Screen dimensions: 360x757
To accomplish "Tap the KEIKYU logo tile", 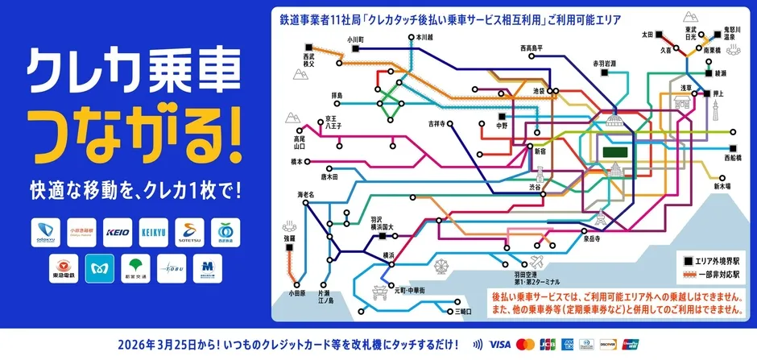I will [156, 233].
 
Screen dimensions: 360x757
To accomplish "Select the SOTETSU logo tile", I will [192, 233].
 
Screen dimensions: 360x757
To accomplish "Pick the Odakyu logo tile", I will [47, 233].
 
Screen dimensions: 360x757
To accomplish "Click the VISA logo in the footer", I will [499, 343].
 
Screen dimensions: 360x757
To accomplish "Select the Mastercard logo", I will [526, 343].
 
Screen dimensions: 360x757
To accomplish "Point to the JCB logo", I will [548, 343].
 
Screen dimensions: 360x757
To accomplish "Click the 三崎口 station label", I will [463, 310].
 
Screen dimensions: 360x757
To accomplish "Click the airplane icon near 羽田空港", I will [535, 263].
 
